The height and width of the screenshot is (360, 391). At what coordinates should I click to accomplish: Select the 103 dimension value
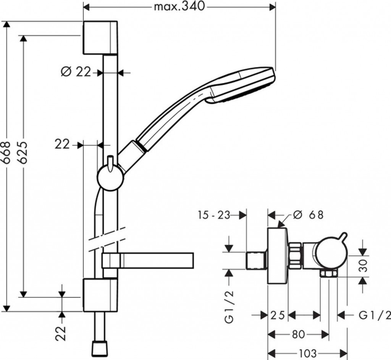(307, 352)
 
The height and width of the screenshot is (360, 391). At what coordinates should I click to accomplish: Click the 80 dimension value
(298, 334)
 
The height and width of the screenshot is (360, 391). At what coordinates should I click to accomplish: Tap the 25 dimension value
(278, 315)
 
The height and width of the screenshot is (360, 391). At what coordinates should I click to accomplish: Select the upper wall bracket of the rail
(100, 37)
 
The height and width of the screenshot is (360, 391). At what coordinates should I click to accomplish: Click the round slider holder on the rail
(111, 178)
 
